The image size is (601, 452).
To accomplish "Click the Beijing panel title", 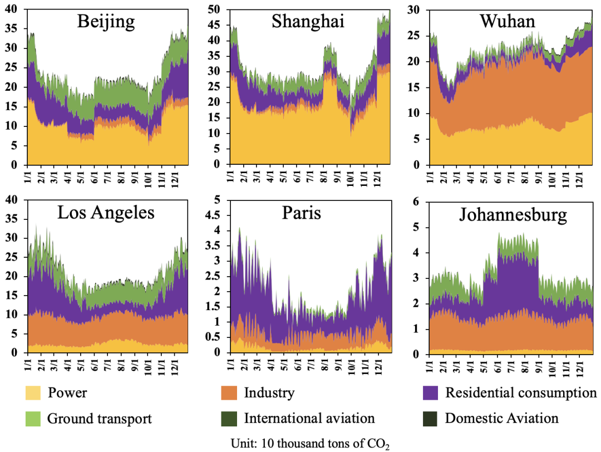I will (x=106, y=22).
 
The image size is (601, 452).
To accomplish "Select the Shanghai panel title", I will (x=308, y=22).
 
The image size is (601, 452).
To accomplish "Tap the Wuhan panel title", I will (x=507, y=22).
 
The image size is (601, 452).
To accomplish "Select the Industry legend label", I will (x=269, y=393).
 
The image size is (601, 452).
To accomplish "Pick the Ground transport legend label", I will (x=100, y=418).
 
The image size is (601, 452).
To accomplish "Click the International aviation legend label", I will (x=309, y=418).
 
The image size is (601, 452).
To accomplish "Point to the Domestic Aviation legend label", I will (x=501, y=418).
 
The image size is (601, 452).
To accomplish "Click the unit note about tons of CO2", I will (x=310, y=444).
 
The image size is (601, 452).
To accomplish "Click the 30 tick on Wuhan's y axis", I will (x=415, y=9).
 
